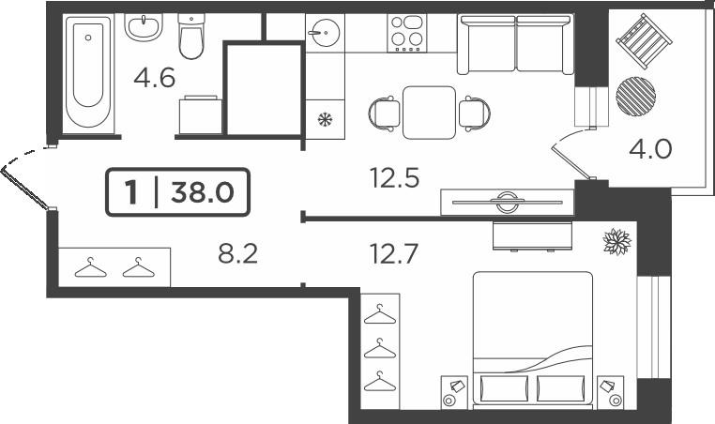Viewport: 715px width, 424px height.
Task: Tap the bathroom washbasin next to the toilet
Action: click(x=144, y=27)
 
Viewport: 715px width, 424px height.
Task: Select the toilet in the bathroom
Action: click(x=191, y=37)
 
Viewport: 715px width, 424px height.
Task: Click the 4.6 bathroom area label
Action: click(x=154, y=78)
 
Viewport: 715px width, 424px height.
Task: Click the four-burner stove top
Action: click(x=407, y=33)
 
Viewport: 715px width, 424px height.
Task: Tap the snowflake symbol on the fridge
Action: click(x=325, y=120)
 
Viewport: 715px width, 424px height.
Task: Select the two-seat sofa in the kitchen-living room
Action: click(x=516, y=44)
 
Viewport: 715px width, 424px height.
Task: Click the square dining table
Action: click(x=430, y=113)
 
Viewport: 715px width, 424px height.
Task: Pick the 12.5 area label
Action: click(x=394, y=178)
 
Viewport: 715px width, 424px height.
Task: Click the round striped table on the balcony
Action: click(x=635, y=97)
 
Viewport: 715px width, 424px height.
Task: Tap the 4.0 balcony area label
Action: click(x=650, y=149)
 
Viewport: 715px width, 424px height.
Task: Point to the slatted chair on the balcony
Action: click(x=644, y=41)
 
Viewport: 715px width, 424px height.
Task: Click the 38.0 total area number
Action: click(x=203, y=192)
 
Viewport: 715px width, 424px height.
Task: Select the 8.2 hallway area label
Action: click(x=238, y=254)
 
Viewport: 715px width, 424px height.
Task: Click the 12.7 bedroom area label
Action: click(x=394, y=254)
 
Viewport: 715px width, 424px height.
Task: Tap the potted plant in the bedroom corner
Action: click(x=617, y=242)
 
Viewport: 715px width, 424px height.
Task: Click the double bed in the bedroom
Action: click(x=533, y=340)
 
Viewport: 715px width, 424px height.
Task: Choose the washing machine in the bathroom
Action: click(x=200, y=114)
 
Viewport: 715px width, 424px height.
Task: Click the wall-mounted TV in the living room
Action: click(x=507, y=202)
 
